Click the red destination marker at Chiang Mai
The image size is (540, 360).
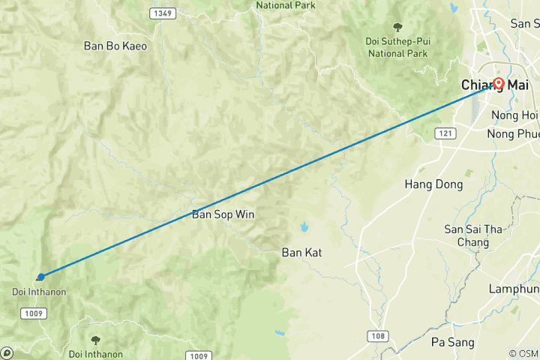[x=499, y=83]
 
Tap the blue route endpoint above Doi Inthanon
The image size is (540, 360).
[x=40, y=277]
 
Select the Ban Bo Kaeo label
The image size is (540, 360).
[x=115, y=46]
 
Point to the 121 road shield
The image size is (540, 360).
[x=445, y=133]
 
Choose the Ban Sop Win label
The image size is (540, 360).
[x=223, y=214]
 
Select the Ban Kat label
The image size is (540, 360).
[x=301, y=253]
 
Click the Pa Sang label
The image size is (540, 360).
[x=453, y=342]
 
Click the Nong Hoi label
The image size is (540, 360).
[x=514, y=115]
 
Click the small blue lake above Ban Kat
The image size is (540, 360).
[x=304, y=226]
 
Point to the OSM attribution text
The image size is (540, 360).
[x=523, y=353]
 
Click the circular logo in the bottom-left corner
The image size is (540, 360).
[x=7, y=352]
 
